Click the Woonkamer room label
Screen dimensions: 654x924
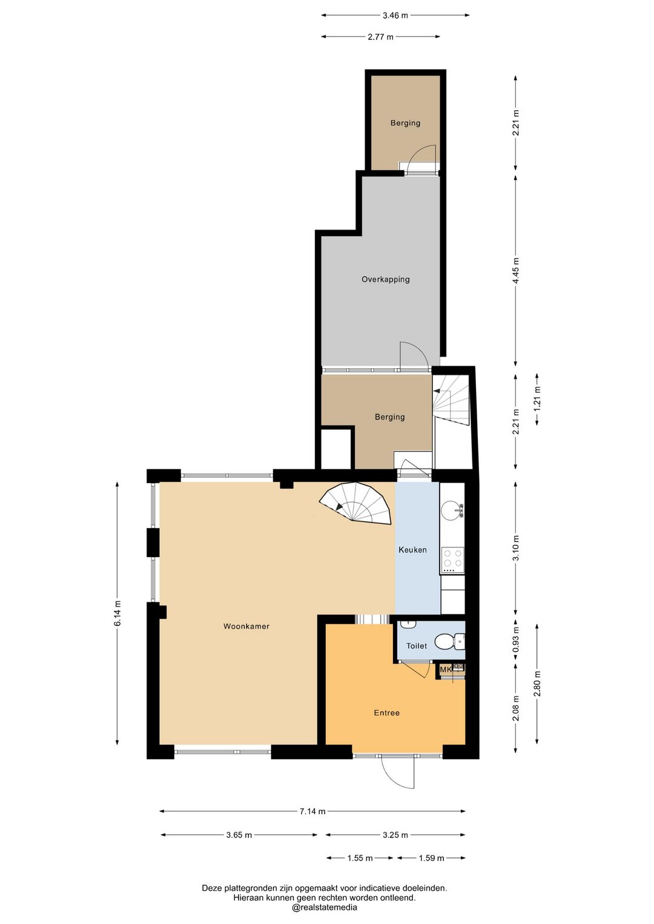point(246,626)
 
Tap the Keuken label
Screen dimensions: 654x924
point(412,550)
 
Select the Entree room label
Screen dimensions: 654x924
point(386,713)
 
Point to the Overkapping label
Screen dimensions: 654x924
point(386,279)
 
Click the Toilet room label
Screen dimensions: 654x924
point(417,646)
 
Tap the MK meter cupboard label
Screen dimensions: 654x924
point(446,670)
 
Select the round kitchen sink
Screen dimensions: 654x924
point(451,510)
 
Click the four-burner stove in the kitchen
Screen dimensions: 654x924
point(452,559)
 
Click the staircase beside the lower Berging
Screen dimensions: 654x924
point(451,400)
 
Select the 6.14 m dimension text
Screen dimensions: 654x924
point(117,618)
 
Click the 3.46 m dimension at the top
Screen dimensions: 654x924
point(395,16)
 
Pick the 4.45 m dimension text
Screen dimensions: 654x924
point(516,271)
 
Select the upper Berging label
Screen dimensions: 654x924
point(405,123)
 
